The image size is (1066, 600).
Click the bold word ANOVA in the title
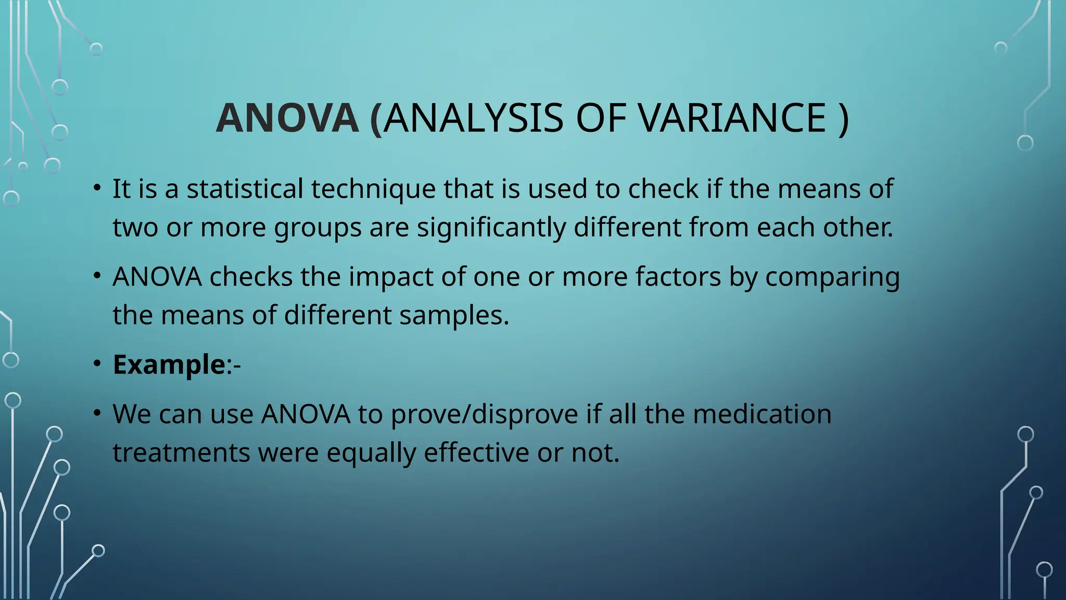(287, 118)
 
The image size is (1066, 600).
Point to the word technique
(373, 190)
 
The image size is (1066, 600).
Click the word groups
(318, 228)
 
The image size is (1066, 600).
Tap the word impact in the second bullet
(391, 277)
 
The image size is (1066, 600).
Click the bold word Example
(169, 365)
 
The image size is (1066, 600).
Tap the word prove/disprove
(484, 415)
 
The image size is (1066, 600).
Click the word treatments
(181, 453)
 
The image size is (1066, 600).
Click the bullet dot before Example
(97, 364)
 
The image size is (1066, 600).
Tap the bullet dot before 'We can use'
(97, 413)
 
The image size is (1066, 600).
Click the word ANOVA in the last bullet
(306, 414)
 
